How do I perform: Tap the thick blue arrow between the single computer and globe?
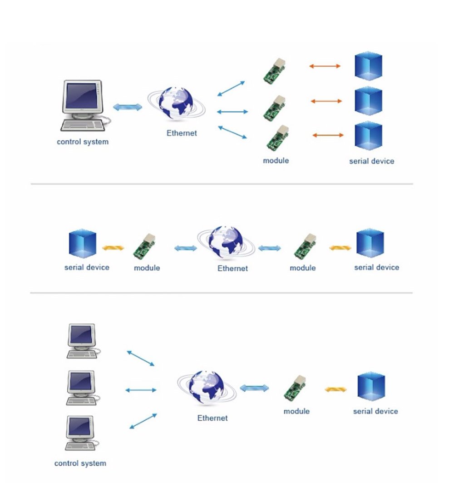[128, 107]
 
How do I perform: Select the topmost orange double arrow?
[325, 66]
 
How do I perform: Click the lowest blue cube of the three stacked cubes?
[368, 136]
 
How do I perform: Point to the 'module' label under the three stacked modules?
[276, 160]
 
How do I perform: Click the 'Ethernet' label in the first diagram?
[182, 133]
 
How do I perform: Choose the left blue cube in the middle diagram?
[83, 244]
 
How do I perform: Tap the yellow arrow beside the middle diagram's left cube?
[113, 248]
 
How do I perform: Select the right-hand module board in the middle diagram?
[303, 247]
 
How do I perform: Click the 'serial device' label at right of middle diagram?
[376, 267]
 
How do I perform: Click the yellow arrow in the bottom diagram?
[336, 389]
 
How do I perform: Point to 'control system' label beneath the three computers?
[80, 463]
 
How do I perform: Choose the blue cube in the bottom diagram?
[371, 387]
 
